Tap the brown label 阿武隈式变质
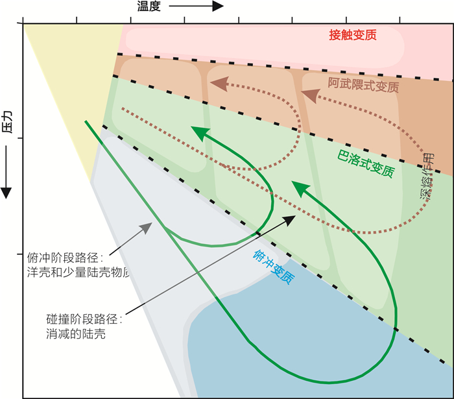coord(363,84)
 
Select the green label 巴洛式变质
coord(366,164)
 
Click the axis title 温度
coord(149,6)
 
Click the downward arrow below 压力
coord(7,172)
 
